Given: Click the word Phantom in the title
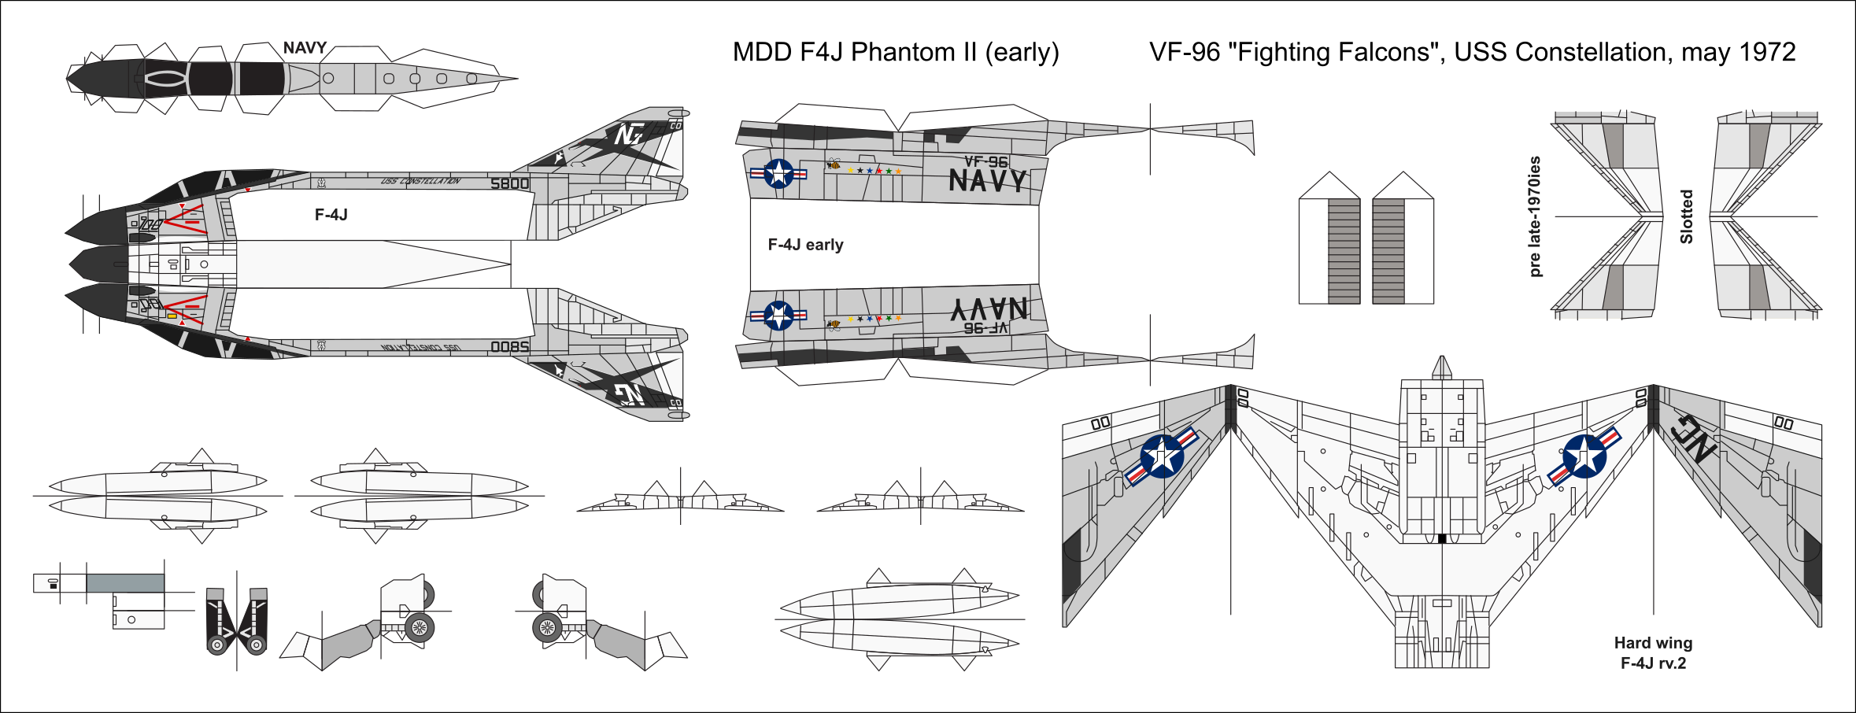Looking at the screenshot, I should point(901,52).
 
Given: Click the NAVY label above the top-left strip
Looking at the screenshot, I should point(305,48).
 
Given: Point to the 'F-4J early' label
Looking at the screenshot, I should point(805,245).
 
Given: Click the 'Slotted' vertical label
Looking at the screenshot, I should point(1686,216).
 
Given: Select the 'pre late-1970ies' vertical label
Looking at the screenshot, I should point(1535,216).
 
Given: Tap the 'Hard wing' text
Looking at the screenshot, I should point(1653,643).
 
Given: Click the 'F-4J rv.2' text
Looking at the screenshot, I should point(1653,663).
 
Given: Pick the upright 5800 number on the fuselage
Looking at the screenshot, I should point(509,183).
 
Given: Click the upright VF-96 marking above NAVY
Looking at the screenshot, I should point(985,161).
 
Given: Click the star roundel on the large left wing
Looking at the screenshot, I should point(1162,456).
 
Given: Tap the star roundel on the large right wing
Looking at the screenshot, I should point(1584,456).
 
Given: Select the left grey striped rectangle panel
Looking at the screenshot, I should point(1344,251).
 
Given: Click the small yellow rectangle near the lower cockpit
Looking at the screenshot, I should point(172,316).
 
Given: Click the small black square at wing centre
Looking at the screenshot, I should point(1442,538).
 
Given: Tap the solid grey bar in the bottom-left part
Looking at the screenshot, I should point(125,583).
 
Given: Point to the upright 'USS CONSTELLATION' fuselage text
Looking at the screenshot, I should point(420,181).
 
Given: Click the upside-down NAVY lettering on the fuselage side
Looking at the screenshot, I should point(989,308).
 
